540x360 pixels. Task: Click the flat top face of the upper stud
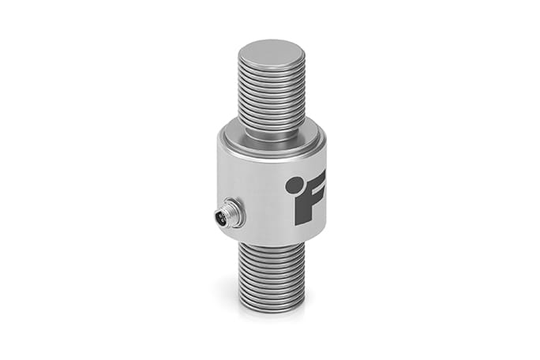pyautogui.click(x=271, y=54)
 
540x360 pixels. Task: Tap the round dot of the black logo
pyautogui.click(x=294, y=185)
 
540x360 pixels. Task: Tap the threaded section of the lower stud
pyautogui.click(x=271, y=276)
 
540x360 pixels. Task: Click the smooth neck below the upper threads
pyautogui.click(x=271, y=132)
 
